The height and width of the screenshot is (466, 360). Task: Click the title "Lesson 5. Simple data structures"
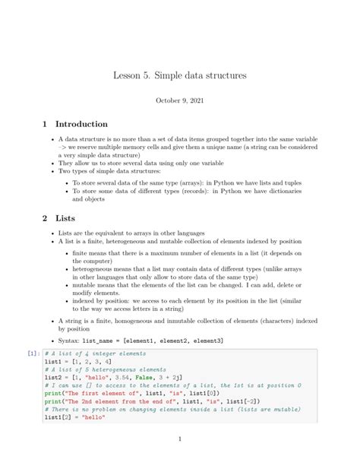(x=179, y=76)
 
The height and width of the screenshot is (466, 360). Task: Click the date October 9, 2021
(x=179, y=100)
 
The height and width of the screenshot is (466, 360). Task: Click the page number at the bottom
(x=179, y=439)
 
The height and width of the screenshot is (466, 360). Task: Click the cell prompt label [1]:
(x=34, y=353)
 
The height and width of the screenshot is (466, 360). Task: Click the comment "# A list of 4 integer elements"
(x=95, y=353)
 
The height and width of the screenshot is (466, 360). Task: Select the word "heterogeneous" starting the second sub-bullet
(x=95, y=268)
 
